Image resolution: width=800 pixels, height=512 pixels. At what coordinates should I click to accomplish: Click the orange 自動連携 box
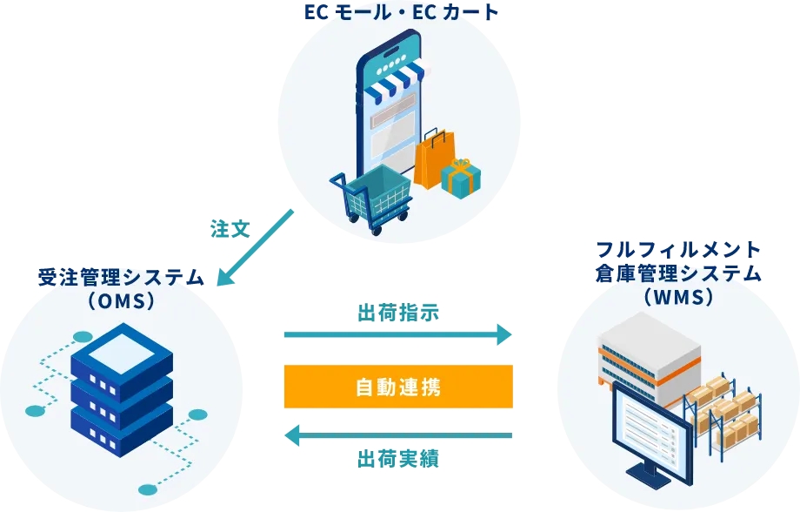(x=398, y=387)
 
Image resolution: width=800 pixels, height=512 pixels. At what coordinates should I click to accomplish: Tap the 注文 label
(x=230, y=229)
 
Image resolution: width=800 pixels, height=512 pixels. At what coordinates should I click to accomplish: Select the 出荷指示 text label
(x=398, y=313)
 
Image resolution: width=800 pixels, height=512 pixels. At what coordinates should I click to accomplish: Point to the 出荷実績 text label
(x=398, y=459)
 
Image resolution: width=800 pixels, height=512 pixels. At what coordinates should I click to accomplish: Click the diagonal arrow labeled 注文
(x=255, y=247)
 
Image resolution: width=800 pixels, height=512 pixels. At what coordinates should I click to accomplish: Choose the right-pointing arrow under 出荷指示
(x=398, y=334)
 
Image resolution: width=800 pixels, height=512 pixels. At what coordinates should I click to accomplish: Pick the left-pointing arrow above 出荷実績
(x=398, y=436)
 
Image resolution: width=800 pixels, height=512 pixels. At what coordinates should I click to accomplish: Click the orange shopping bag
(x=434, y=159)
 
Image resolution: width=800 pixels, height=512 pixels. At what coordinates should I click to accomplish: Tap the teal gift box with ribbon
(x=461, y=179)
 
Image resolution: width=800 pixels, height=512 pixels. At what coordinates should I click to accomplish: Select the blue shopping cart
(x=371, y=199)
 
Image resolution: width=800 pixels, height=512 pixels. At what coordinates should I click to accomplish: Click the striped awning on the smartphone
(x=396, y=78)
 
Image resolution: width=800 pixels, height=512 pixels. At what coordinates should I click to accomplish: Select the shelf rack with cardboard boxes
(x=723, y=416)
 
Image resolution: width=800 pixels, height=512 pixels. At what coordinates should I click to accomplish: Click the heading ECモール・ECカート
(x=402, y=12)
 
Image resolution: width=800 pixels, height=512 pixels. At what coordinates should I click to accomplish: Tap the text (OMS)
(x=121, y=300)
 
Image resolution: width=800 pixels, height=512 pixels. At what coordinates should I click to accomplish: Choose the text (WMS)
(x=678, y=297)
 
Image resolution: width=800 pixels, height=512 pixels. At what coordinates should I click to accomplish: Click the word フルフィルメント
(x=678, y=250)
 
